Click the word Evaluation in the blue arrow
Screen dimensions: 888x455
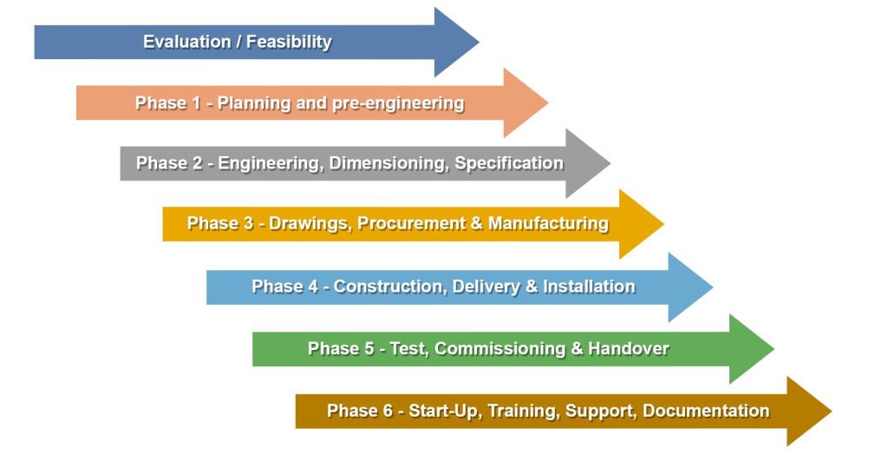[187, 42]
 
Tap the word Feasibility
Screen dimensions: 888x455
[289, 42]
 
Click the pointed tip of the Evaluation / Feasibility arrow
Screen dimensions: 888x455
[479, 42]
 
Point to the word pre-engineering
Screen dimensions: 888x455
[398, 103]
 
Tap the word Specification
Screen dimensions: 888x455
[509, 163]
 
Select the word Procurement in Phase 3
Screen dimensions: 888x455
[411, 223]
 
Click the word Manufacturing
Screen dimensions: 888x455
[548, 223]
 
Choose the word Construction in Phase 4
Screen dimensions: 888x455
[390, 287]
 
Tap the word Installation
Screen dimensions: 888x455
[589, 287]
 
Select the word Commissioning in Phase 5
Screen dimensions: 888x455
[500, 348]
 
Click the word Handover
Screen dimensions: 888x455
[629, 348]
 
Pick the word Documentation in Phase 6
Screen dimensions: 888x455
[706, 411]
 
